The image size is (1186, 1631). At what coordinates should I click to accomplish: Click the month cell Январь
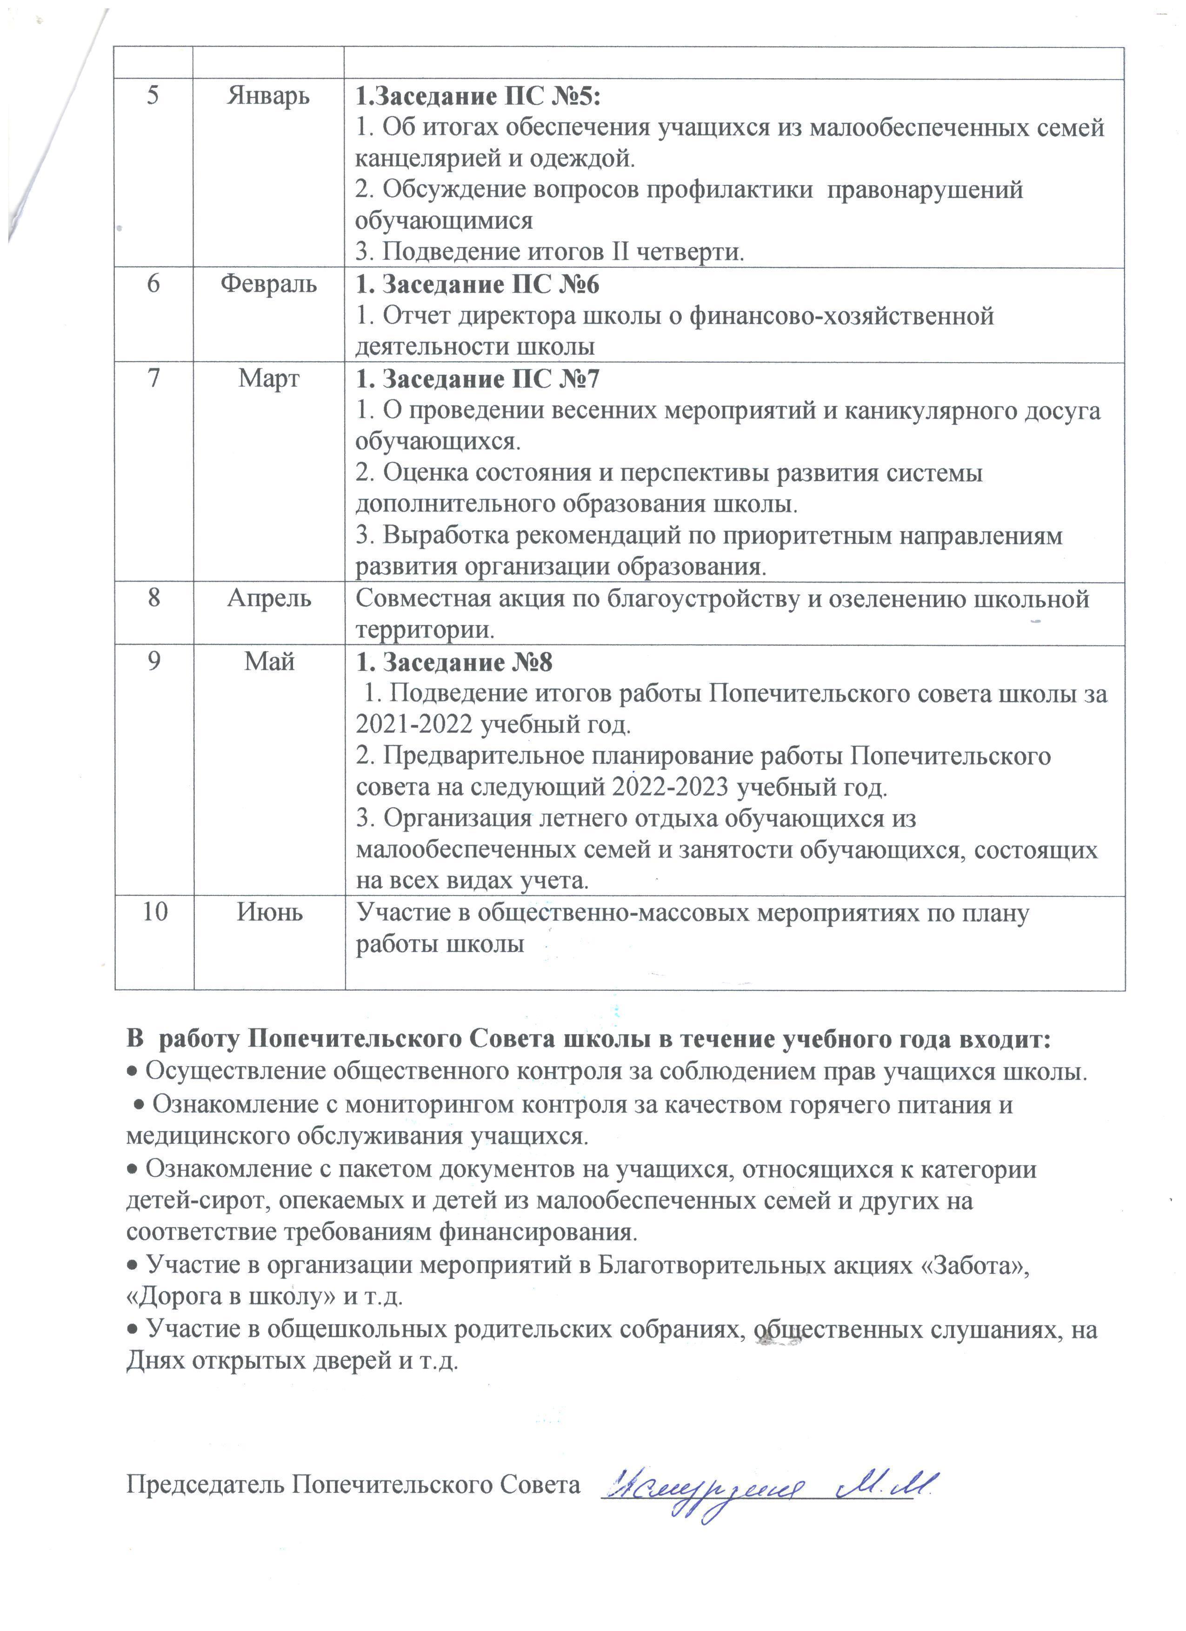click(x=268, y=96)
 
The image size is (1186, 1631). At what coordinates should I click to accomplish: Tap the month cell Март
click(x=269, y=379)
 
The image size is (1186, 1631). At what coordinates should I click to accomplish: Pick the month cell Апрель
click(x=269, y=598)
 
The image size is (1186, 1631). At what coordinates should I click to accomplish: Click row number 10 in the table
click(x=154, y=912)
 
